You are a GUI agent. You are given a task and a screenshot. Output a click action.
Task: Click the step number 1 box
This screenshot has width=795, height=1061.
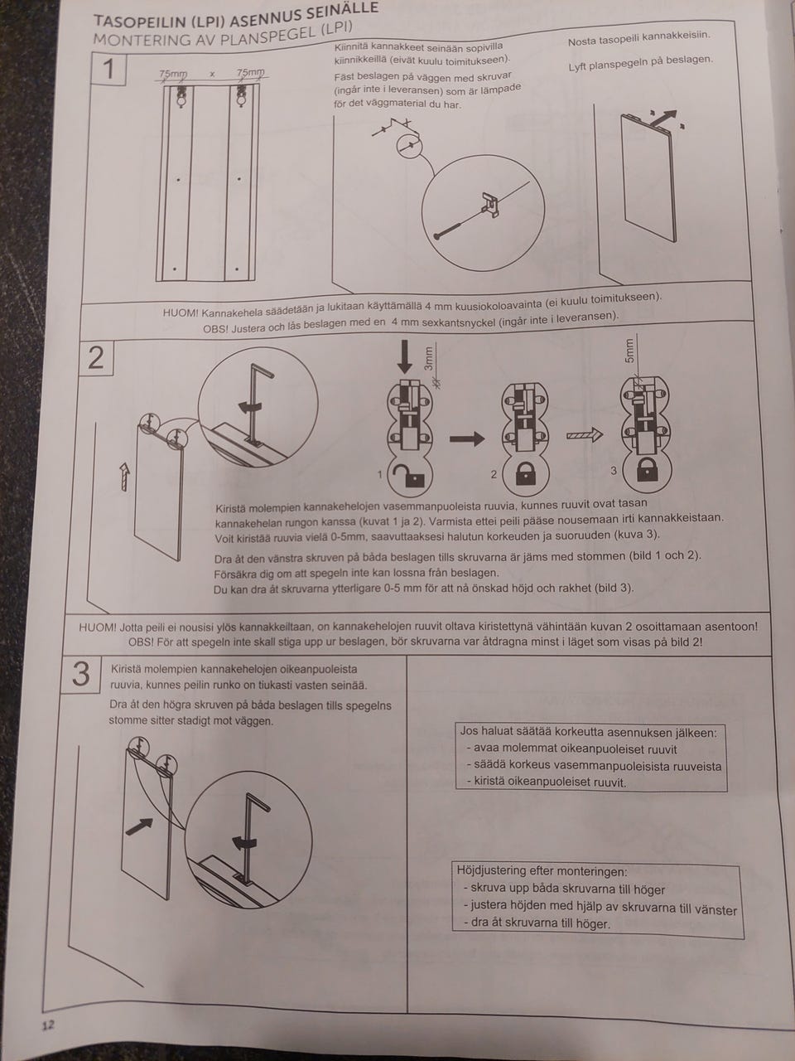(108, 69)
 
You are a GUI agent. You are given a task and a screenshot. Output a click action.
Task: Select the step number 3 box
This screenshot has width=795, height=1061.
(81, 674)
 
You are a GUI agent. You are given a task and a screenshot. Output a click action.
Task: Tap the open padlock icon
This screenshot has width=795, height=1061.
(410, 475)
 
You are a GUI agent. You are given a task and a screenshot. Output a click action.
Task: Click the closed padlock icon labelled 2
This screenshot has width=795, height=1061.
(525, 474)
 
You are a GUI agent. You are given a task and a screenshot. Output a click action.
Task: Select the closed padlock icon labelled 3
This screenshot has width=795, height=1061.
(647, 469)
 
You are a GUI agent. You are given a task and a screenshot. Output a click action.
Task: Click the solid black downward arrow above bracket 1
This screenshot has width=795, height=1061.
(405, 356)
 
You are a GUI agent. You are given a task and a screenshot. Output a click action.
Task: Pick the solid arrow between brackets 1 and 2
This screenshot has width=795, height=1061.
(467, 438)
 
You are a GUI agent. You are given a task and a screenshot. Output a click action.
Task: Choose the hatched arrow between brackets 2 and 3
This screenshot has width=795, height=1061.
(585, 435)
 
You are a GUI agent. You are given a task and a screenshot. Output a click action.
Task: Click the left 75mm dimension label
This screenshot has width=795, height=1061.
(173, 74)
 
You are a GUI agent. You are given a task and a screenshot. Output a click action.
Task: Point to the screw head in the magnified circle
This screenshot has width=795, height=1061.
(437, 236)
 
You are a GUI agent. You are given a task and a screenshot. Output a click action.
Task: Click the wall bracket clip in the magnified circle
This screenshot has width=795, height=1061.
(490, 205)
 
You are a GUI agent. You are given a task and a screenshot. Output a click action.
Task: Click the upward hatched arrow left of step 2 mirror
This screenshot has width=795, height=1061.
(125, 477)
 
